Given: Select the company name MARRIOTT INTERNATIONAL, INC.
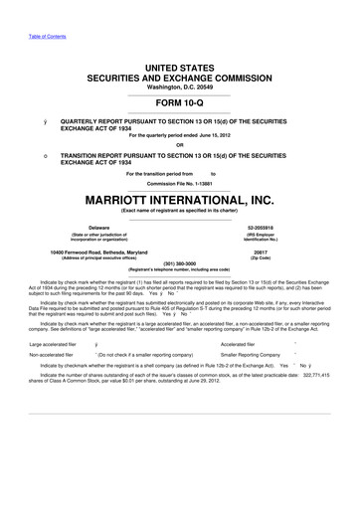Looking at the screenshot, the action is coord(180,198).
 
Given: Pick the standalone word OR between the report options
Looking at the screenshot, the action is coord(180,144).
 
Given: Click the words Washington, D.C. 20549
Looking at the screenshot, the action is coord(180,85).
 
